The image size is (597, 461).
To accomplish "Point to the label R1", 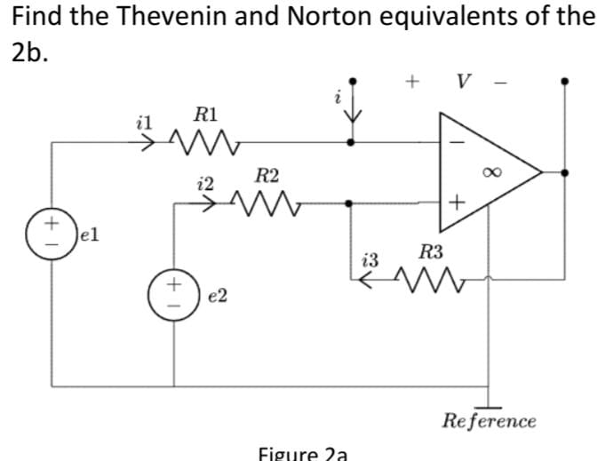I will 205,114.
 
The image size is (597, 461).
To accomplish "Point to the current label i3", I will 372,260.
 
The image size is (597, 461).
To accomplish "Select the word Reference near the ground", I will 490,419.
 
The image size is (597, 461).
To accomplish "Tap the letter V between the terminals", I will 462,82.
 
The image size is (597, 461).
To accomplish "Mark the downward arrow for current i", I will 353,107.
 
